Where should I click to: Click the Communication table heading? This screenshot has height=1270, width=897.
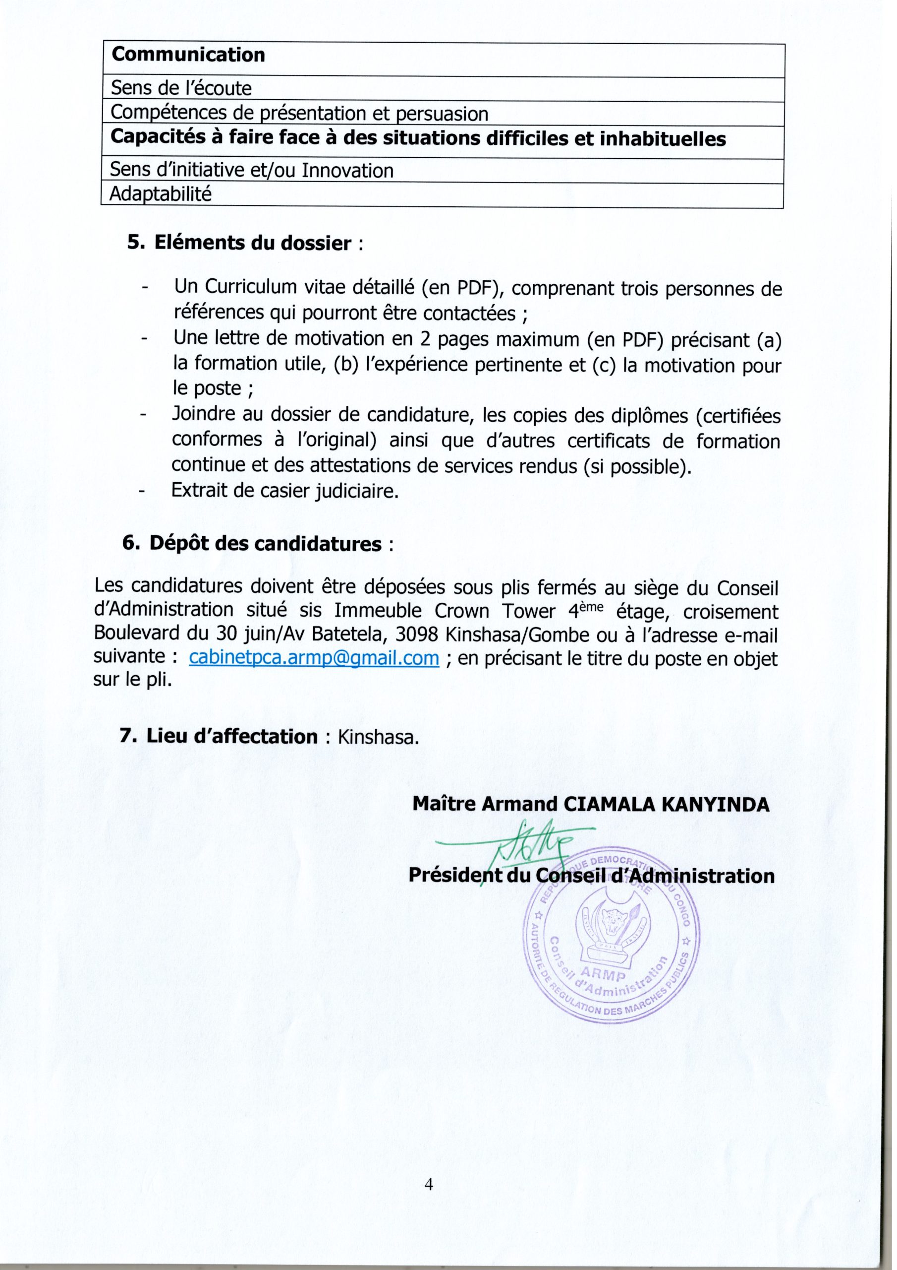(188, 55)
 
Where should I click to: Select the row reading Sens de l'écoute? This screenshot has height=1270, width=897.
(181, 88)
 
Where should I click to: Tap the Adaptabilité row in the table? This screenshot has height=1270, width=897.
(161, 194)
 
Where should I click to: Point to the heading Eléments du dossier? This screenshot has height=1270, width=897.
(253, 244)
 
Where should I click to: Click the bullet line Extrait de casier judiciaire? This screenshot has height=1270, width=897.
(285, 491)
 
